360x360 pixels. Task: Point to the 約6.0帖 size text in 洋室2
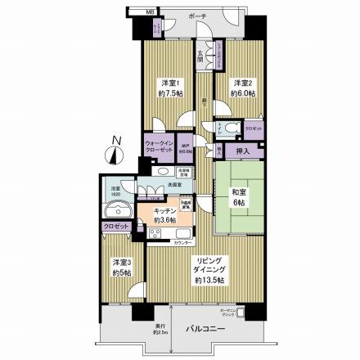(x=243, y=94)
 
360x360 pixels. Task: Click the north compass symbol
(x=115, y=153)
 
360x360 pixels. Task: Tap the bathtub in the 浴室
(x=118, y=203)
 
